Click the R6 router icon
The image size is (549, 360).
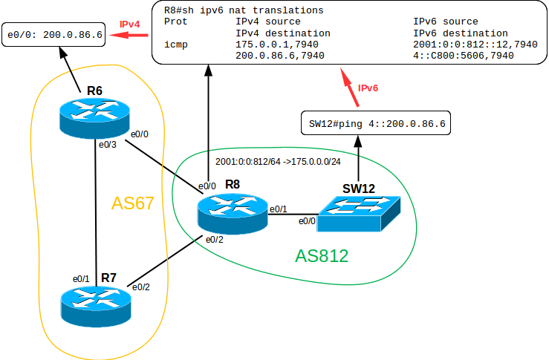(x=94, y=118)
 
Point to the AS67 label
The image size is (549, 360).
(x=132, y=203)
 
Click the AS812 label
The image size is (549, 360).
(x=322, y=256)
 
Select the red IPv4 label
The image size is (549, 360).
(x=131, y=24)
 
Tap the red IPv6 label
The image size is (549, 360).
(x=368, y=88)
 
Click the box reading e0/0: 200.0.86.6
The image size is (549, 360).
(x=53, y=35)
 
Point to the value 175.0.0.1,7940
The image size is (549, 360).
(x=268, y=45)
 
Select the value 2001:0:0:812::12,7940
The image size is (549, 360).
(x=475, y=45)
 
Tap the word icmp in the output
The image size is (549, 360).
(x=176, y=45)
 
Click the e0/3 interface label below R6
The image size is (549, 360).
(x=108, y=144)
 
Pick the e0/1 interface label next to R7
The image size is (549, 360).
(x=81, y=278)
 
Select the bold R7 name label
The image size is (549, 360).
(x=108, y=278)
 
